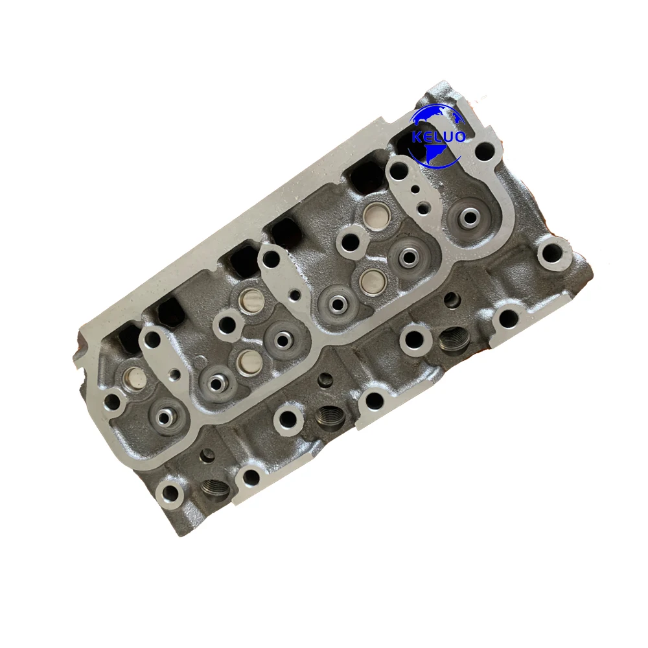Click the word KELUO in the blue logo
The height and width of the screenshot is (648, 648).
click(x=439, y=136)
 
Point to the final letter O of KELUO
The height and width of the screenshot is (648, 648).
click(x=460, y=136)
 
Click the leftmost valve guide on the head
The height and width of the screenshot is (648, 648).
click(x=164, y=417)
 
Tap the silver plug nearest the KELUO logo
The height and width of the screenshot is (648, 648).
click(x=374, y=213)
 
